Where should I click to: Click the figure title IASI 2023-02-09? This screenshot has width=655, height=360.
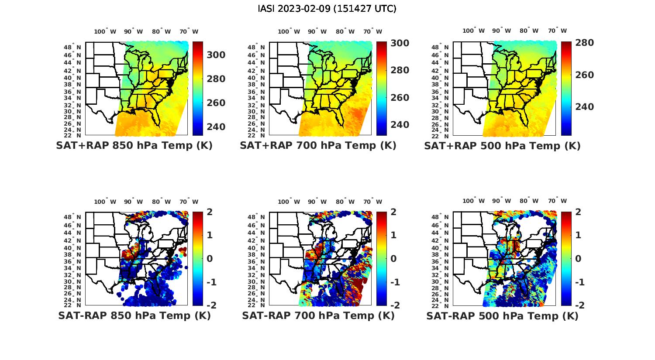327,8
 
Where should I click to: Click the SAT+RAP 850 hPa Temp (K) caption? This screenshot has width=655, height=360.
134,145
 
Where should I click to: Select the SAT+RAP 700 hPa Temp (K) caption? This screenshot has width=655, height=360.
318,145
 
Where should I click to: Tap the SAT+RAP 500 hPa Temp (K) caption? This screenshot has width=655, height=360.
502,145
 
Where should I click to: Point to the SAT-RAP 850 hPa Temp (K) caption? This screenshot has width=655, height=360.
134,315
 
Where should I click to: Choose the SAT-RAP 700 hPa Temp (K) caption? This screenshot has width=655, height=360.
318,315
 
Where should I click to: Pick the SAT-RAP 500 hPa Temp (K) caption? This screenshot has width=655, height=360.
502,315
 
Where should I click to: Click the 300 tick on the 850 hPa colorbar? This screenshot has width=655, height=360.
216,55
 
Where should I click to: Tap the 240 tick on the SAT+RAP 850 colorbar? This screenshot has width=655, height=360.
216,127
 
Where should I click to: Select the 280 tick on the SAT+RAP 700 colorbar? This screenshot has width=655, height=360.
400,70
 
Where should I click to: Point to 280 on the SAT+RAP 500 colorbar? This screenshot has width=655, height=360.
584,43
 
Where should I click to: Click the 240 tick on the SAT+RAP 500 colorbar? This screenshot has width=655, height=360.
584,107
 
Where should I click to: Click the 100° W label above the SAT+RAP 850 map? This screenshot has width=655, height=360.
105,31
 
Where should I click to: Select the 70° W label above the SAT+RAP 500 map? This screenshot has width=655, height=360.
557,31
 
